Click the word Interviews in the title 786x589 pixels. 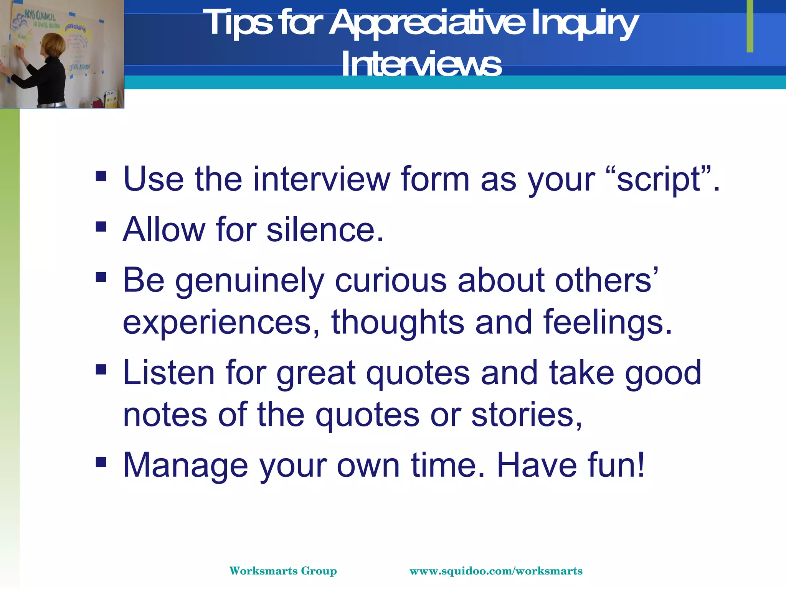[421, 64]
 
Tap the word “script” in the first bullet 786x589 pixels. [664, 179]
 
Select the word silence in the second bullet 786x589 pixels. [324, 230]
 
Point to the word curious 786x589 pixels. [391, 280]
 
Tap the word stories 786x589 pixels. [526, 415]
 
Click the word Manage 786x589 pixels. [185, 465]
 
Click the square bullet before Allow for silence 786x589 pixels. [101, 227]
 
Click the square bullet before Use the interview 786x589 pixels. [101, 176]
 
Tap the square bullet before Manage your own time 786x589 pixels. [101, 462]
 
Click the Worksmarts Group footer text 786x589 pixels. [283, 571]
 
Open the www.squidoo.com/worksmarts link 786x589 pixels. [496, 571]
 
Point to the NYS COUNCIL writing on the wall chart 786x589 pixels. [40, 16]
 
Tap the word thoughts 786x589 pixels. [398, 322]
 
